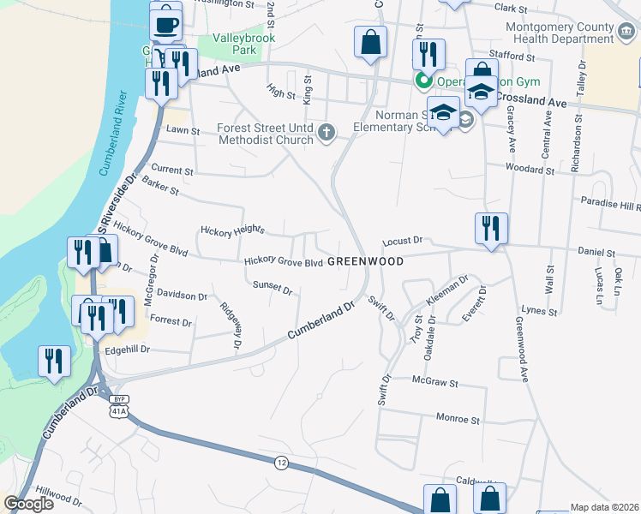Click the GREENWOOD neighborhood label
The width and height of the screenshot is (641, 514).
click(366, 261)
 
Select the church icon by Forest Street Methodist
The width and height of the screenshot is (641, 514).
click(325, 132)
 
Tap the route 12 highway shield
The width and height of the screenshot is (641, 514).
click(281, 463)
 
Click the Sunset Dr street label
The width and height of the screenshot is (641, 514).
click(273, 287)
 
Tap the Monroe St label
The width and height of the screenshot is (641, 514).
click(458, 420)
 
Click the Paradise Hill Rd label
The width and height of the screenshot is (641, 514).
click(610, 206)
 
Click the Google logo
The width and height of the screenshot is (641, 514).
click(28, 505)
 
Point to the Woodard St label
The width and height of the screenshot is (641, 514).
click(527, 167)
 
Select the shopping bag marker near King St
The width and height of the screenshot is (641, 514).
click(371, 43)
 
